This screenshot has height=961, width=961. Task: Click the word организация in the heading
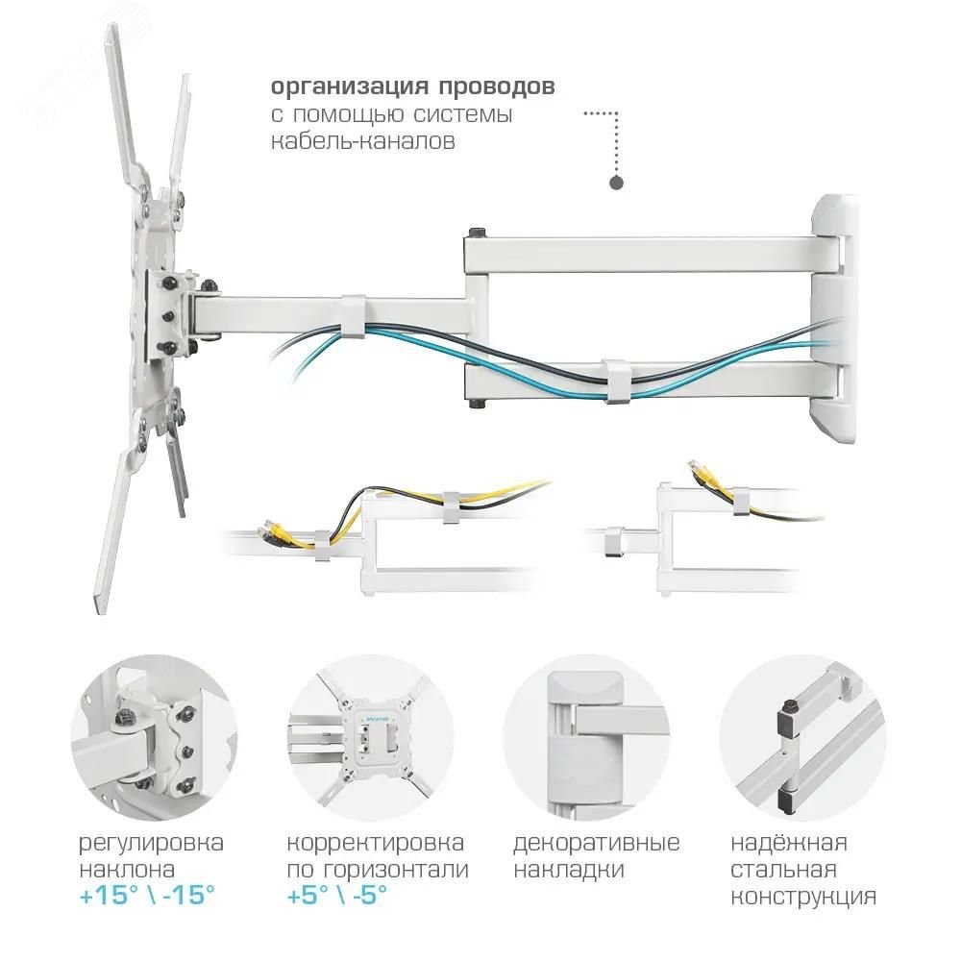tap(349, 87)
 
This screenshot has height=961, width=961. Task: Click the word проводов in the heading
tap(497, 87)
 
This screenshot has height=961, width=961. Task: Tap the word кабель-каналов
tap(363, 141)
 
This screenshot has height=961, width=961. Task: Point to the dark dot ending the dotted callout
tap(617, 183)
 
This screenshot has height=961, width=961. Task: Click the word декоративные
tap(597, 844)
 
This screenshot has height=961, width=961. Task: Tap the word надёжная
tap(789, 844)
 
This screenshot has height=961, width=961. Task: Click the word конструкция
tap(803, 897)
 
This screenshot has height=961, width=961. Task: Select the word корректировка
tap(375, 844)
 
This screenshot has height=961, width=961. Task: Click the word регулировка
tap(152, 844)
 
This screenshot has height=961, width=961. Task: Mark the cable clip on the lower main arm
tap(618, 382)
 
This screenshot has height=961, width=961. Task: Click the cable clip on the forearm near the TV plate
tap(354, 315)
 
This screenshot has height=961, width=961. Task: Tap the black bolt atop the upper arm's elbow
tap(478, 233)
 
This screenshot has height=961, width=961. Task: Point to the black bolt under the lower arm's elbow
tap(477, 404)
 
